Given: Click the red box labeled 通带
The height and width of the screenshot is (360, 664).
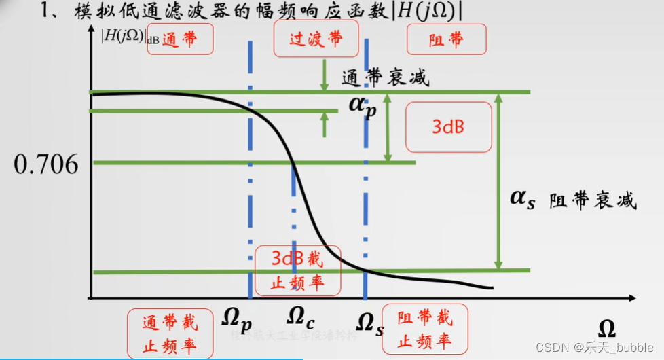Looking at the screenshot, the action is (x=180, y=39).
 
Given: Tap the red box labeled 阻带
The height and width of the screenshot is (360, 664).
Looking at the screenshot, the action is (x=446, y=39).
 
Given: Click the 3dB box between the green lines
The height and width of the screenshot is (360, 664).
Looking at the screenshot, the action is (x=448, y=126).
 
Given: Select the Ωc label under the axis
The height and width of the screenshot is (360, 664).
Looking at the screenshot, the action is (x=299, y=317).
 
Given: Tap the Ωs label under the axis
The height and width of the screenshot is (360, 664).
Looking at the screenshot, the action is (x=369, y=324).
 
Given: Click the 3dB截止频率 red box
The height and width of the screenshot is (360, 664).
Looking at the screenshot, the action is (x=297, y=270).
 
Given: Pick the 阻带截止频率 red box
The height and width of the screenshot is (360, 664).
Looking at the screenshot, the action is (x=425, y=329).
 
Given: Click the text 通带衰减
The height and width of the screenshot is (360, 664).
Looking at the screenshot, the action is (x=385, y=78).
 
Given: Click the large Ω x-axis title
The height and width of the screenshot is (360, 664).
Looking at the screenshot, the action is (x=606, y=329).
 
